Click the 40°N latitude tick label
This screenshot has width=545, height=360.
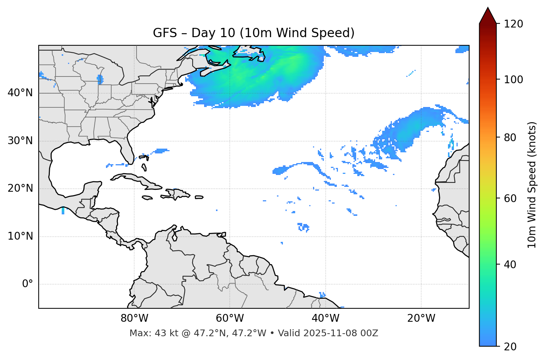[x=20, y=93]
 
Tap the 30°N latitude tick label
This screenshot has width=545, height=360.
[x=20, y=141]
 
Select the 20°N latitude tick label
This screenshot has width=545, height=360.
[x=20, y=188]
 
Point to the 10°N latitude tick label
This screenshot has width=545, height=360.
[x=20, y=236]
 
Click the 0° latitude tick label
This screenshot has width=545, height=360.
[x=27, y=284]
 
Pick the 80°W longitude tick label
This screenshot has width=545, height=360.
[x=134, y=318]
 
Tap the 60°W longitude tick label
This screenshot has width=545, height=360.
[x=230, y=318]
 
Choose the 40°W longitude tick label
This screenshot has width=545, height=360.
[x=325, y=318]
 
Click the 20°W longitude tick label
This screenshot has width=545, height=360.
[x=421, y=318]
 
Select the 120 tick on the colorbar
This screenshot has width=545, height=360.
[x=513, y=24]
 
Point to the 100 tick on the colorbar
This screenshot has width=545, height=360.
[x=513, y=80]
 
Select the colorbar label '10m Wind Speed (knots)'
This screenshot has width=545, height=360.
[x=532, y=185]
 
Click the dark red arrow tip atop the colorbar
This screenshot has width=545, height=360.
[x=488, y=15]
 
